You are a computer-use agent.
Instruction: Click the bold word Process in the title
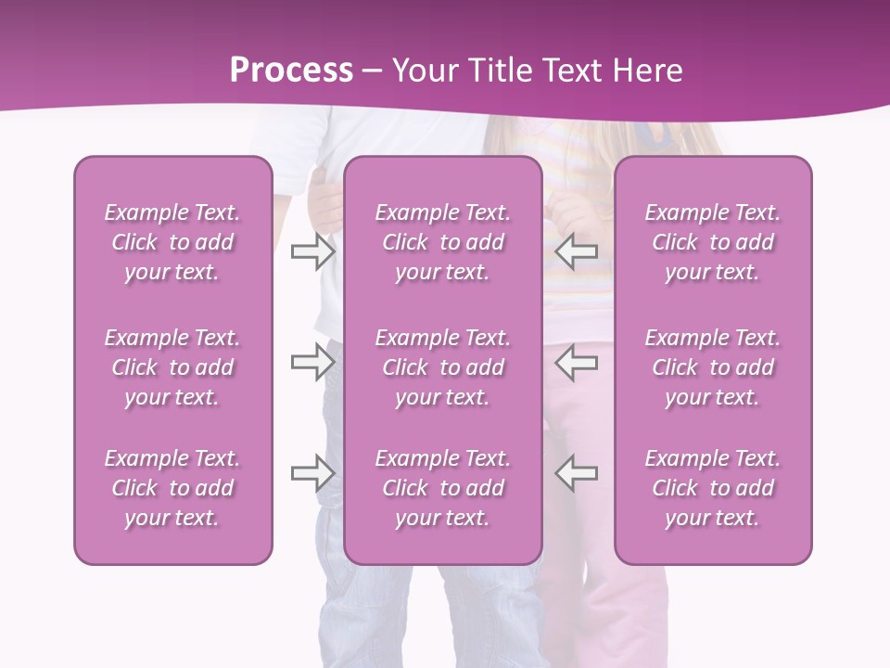pos(291,71)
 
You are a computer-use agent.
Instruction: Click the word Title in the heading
pos(500,71)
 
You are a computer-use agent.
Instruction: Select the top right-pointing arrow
pos(312,250)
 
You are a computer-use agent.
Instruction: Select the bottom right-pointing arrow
pos(312,473)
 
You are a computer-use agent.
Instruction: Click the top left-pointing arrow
pos(576,250)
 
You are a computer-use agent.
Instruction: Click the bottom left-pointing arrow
pos(576,473)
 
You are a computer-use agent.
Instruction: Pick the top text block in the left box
pos(172,242)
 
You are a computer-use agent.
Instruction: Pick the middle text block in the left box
pos(172,367)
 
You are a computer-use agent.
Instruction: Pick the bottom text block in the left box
pos(172,488)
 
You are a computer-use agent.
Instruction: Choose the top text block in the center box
pos(442,242)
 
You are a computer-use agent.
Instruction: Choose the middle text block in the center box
pos(442,367)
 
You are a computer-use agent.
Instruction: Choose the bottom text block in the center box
pos(442,488)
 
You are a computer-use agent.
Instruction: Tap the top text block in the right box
pos(712,242)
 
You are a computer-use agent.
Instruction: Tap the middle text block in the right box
pos(712,367)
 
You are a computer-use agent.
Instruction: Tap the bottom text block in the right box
pos(712,488)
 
